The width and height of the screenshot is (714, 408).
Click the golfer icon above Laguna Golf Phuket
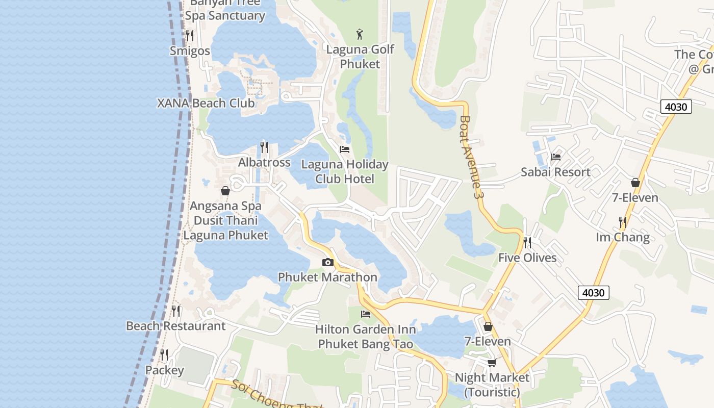click(360, 35)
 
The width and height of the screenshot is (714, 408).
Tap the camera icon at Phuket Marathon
click(328, 263)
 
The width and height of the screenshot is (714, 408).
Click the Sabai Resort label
click(555, 172)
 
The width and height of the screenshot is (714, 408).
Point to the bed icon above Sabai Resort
click(556, 157)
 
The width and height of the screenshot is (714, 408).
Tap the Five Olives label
click(527, 258)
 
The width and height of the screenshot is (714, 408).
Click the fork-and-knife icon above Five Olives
click(527, 243)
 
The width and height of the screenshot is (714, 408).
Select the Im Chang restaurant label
click(623, 237)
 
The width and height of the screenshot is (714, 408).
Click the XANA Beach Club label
click(206, 103)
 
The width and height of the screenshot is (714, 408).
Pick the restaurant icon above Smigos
click(190, 36)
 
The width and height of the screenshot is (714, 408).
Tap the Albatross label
click(264, 162)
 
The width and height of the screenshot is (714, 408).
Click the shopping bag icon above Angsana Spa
click(225, 191)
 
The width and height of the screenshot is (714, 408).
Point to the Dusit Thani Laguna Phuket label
click(225, 228)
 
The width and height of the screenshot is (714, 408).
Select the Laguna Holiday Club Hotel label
click(345, 171)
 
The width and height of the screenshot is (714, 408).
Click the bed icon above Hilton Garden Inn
click(366, 314)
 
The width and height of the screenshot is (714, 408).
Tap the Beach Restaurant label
click(175, 326)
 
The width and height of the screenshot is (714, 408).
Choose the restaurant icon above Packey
click(164, 354)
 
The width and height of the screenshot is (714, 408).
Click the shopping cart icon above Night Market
click(492, 363)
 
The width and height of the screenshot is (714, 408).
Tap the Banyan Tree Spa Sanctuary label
click(225, 10)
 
